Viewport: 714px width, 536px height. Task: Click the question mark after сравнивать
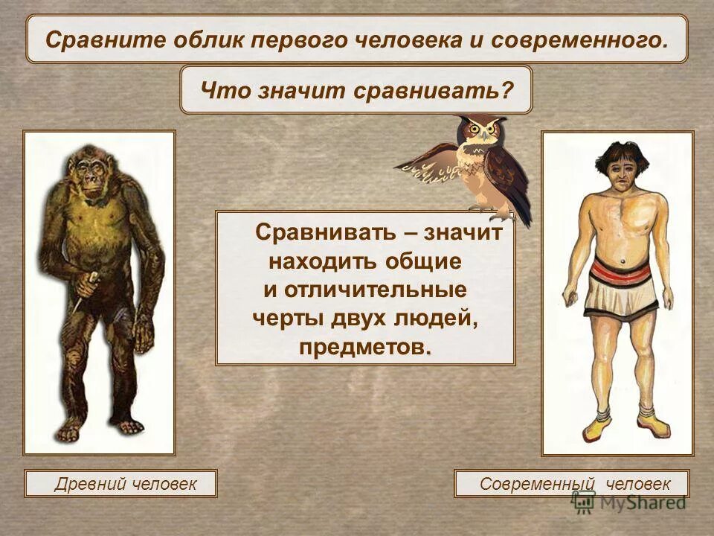pyautogui.click(x=508, y=90)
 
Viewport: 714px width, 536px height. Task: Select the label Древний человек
pyautogui.click(x=121, y=484)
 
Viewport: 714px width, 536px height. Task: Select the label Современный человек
pyautogui.click(x=572, y=484)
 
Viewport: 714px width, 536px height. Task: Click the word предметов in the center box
pyautogui.click(x=363, y=348)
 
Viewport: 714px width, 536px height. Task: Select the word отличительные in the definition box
pyautogui.click(x=365, y=290)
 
